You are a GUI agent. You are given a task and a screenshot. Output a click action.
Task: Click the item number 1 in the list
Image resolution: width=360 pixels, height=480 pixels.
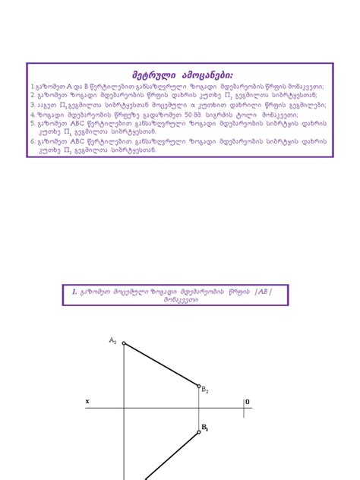pos(33,87)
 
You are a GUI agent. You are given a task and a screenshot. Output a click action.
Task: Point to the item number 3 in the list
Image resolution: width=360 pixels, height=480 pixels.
pos(33,105)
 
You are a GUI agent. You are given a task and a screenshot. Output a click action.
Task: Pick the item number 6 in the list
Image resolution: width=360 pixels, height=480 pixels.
pos(33,141)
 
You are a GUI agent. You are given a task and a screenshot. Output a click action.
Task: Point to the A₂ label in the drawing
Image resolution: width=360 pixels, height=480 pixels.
pos(113,339)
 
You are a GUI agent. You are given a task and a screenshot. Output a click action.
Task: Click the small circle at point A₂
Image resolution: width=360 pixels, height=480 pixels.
pos(124,343)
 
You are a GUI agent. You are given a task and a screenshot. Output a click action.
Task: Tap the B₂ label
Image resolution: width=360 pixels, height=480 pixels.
pos(205,390)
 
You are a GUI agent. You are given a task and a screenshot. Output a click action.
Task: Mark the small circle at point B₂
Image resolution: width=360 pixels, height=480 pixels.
pos(199,386)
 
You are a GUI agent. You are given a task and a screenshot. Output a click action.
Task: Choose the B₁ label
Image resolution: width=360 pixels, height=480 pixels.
pos(204,429)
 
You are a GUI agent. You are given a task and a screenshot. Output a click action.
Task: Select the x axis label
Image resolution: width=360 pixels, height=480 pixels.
pos(87,401)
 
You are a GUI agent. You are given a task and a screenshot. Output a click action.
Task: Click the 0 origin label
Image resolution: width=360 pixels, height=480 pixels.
pos(248,401)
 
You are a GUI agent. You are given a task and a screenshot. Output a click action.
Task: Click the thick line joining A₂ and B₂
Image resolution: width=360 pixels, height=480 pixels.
pos(161,365)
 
